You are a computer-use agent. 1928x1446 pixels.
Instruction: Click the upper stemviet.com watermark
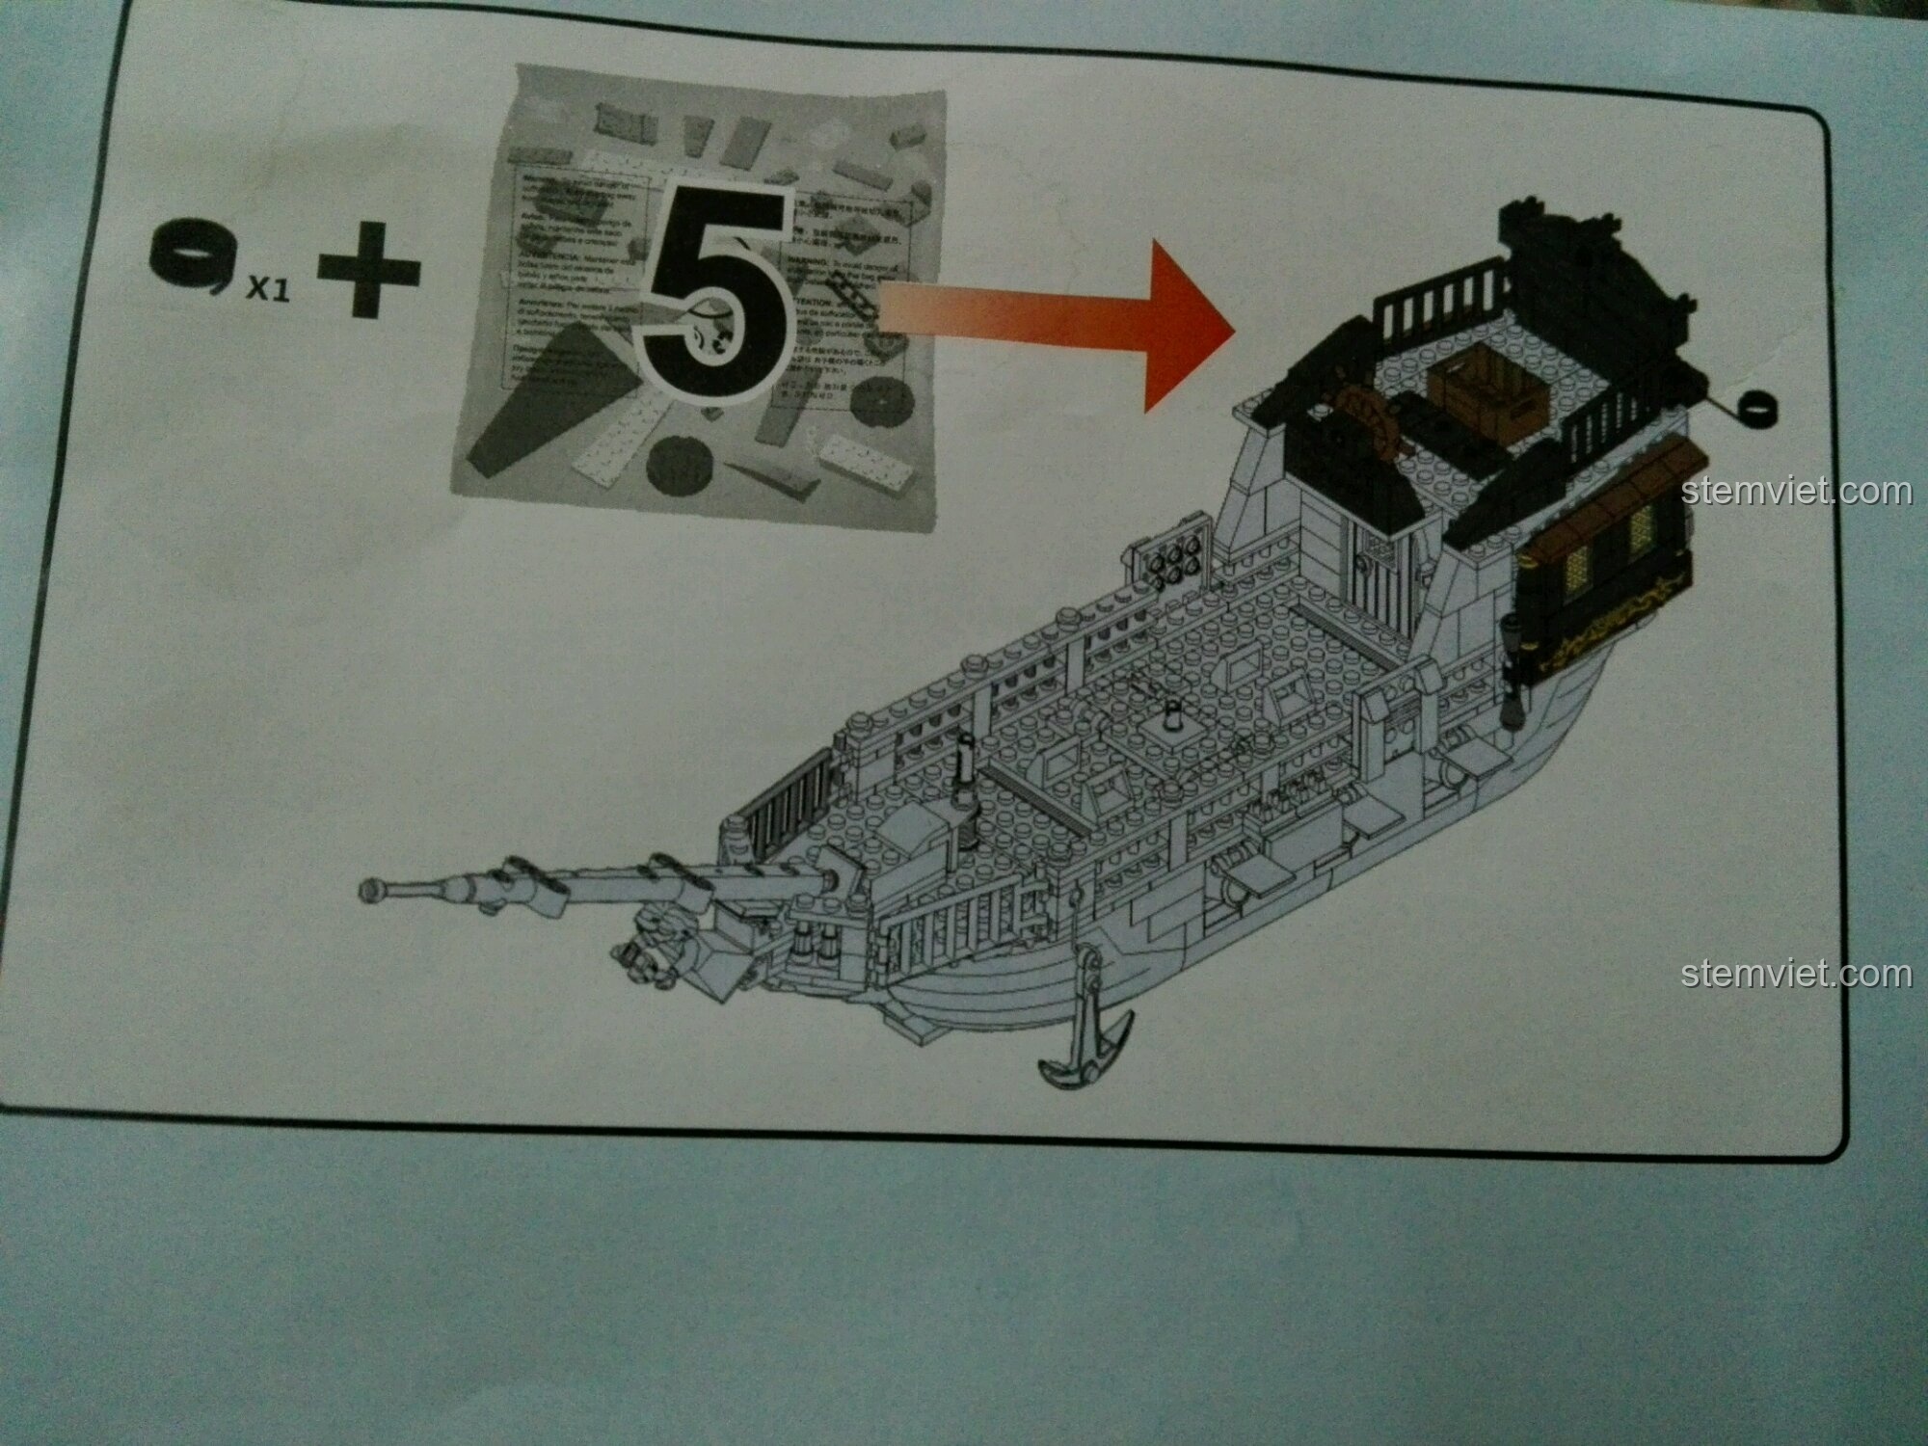1795,493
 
